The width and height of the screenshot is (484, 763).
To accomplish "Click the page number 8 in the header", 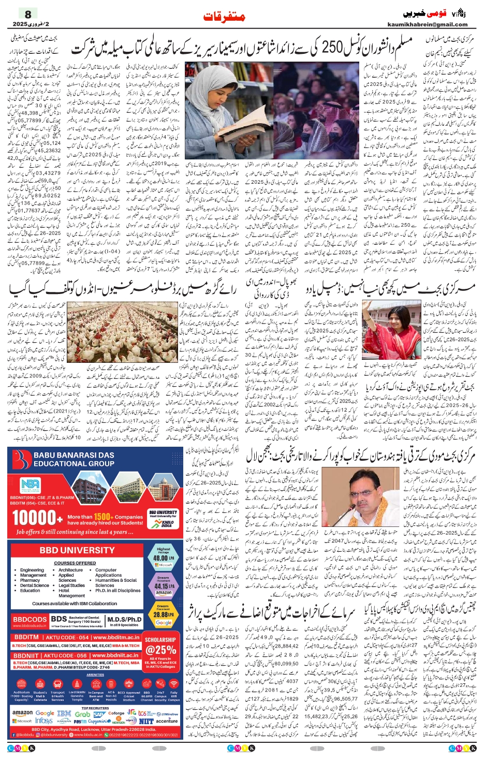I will pyautogui.click(x=27, y=14).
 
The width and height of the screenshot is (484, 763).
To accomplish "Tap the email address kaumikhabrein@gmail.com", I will pyautogui.click(x=427, y=24).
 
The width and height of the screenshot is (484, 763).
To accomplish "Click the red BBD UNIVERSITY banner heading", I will pyautogui.click(x=77, y=550).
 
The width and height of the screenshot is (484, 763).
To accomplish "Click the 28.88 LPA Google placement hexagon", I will pyautogui.click(x=163, y=614).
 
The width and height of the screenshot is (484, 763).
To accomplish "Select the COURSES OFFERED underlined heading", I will pyautogui.click(x=75, y=563).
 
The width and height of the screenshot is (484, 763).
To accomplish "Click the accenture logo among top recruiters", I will pyautogui.click(x=167, y=721).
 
